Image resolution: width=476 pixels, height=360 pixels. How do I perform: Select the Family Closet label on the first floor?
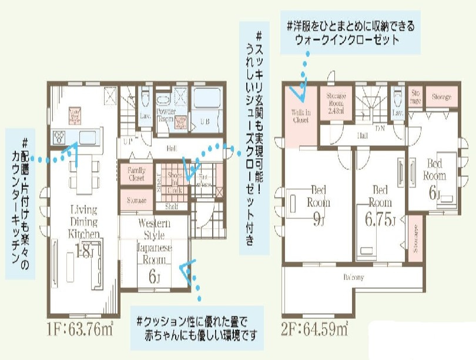coord(136,173)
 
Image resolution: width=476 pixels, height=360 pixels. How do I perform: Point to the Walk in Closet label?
coord(300,115)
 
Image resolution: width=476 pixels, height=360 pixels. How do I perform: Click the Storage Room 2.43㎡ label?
coord(336,104)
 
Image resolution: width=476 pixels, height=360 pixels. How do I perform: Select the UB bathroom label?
coord(205,121)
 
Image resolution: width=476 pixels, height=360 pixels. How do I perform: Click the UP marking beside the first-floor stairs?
coord(126,141)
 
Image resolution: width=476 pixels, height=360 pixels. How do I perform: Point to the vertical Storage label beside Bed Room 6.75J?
coord(415,238)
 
